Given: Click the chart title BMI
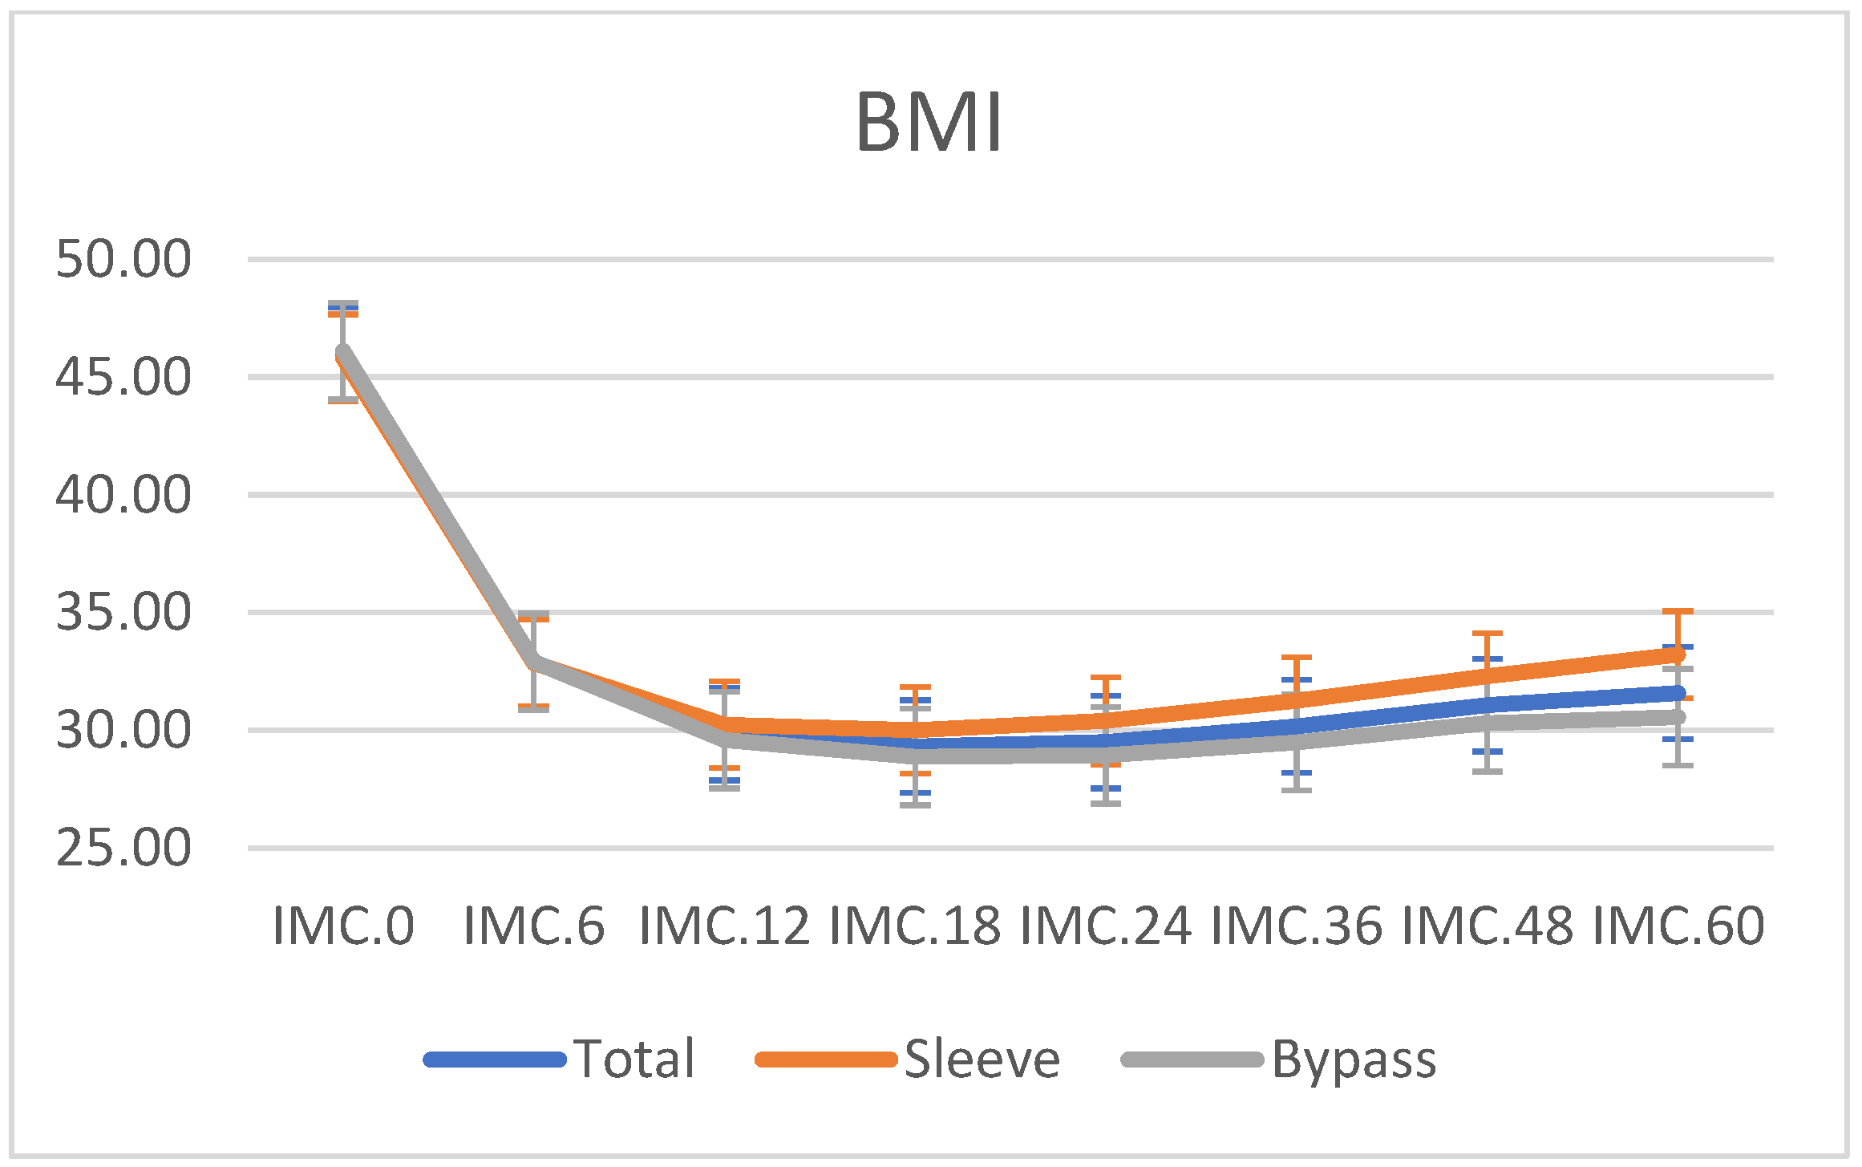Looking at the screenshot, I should (x=929, y=123).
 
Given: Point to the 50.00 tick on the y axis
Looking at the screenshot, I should (x=123, y=259).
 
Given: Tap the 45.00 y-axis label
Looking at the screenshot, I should (x=123, y=377).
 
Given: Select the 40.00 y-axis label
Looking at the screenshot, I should (x=123, y=494).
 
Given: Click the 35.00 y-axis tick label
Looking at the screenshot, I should (x=123, y=612).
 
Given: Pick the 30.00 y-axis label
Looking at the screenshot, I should (x=123, y=730).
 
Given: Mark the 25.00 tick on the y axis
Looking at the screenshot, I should (x=123, y=848).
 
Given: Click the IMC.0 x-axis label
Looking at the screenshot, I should (x=343, y=926).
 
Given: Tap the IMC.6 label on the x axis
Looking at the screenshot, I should (x=534, y=926).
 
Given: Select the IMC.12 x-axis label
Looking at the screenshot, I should (x=724, y=926).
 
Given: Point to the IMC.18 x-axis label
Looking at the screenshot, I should (x=915, y=926).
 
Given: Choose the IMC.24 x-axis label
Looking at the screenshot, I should (x=1106, y=926).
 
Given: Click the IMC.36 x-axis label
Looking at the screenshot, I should (x=1297, y=926).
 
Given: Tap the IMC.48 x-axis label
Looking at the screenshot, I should (x=1488, y=926).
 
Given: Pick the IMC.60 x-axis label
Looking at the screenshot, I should (x=1678, y=926).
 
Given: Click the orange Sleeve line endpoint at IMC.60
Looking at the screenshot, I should (x=1676, y=654).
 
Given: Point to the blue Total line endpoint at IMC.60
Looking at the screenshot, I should (x=1676, y=693).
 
